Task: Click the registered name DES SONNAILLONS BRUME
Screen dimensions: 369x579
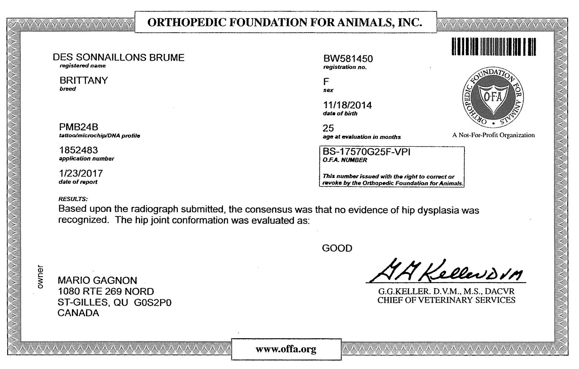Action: tap(119, 58)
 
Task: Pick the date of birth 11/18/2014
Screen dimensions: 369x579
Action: tap(347, 105)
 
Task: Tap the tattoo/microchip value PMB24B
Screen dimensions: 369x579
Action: tap(79, 128)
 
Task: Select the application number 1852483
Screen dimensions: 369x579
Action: tap(78, 150)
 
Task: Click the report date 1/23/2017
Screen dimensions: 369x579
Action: tap(81, 173)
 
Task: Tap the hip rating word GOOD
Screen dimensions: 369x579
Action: tap(337, 248)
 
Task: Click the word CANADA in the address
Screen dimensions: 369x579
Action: tap(79, 313)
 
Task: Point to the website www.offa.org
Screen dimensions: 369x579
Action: tap(285, 349)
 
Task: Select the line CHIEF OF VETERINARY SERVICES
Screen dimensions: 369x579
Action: tap(446, 300)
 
